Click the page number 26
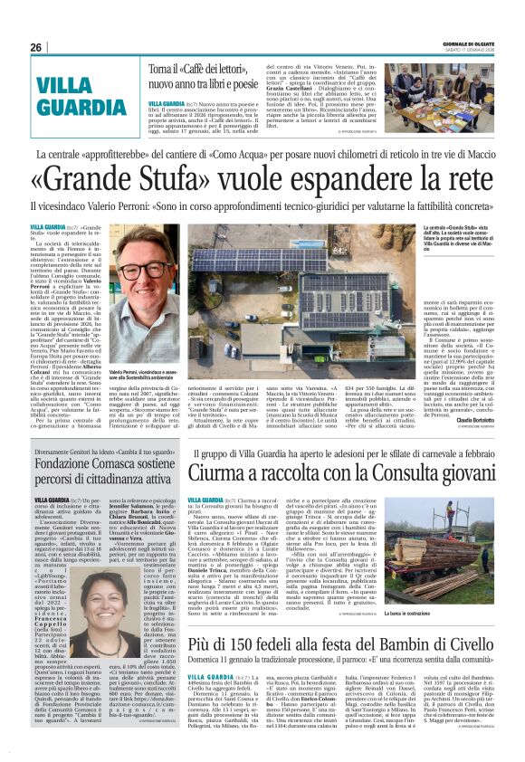click(x=35, y=47)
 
